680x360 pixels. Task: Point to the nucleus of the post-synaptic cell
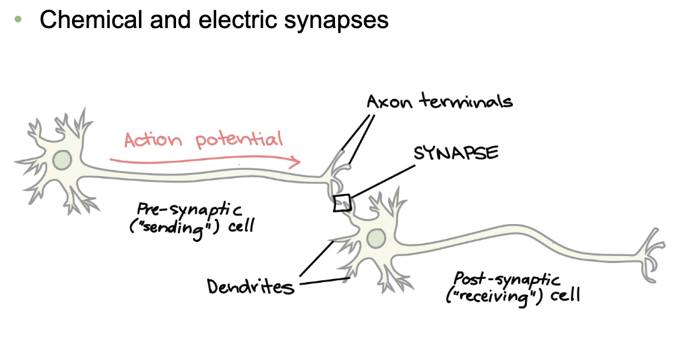(x=376, y=239)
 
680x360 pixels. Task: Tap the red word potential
(x=239, y=140)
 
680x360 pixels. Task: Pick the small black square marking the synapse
(x=343, y=202)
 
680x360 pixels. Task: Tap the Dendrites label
(x=251, y=287)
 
